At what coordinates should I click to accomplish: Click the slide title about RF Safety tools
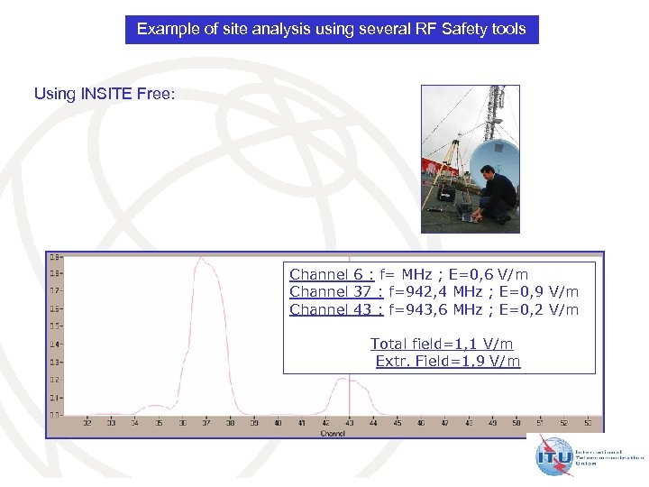[331, 30]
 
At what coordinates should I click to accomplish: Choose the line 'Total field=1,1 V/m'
[442, 344]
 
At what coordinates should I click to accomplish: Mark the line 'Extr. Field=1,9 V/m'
[447, 362]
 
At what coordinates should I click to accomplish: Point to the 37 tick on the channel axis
[206, 422]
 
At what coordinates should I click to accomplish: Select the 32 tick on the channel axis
[87, 422]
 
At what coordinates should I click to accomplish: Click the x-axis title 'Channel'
[332, 433]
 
